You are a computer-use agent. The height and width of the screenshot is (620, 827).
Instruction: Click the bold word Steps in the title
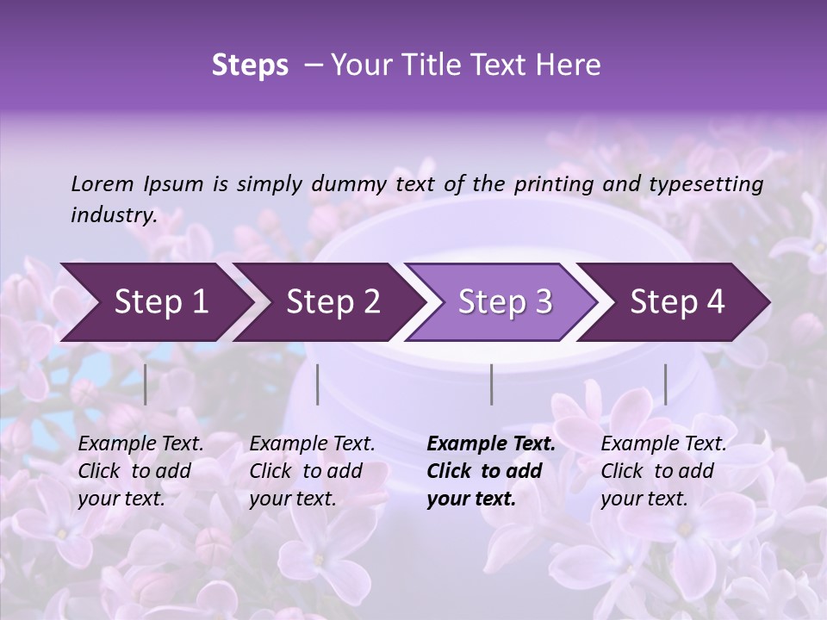click(250, 65)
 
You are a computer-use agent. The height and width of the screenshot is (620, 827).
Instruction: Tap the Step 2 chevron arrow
click(333, 302)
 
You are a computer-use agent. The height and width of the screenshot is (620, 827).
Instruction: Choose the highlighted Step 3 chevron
click(505, 302)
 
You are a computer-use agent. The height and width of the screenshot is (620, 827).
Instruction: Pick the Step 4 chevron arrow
click(677, 302)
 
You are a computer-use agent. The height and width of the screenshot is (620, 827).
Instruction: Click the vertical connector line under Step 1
click(146, 384)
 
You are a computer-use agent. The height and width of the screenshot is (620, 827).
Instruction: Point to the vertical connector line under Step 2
click(318, 384)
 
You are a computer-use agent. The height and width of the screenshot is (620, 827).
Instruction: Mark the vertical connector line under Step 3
click(491, 384)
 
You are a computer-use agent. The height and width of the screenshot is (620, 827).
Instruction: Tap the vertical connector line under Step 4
click(665, 384)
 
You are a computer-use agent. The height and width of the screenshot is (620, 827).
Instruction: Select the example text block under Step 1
click(140, 471)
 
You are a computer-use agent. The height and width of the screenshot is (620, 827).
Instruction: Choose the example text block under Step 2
click(312, 471)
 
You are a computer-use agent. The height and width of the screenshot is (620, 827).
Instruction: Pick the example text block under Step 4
click(663, 471)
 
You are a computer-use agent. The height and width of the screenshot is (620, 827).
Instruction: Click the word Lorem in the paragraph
click(103, 184)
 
